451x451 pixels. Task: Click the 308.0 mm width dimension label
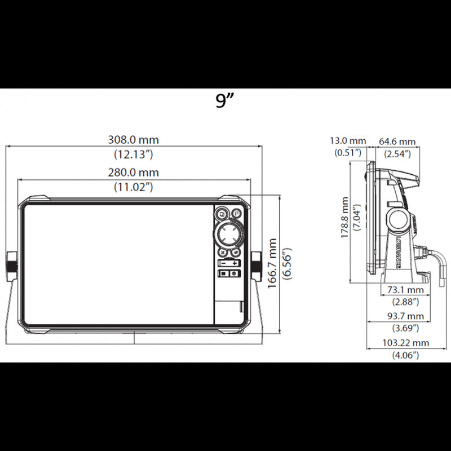pyautogui.click(x=134, y=140)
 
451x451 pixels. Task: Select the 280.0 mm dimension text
pyautogui.click(x=134, y=173)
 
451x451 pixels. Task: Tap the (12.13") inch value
pyautogui.click(x=134, y=154)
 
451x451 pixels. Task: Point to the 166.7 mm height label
pyautogui.click(x=272, y=263)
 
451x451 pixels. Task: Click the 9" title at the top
pyautogui.click(x=224, y=100)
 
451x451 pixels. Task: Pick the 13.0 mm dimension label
pyautogui.click(x=348, y=141)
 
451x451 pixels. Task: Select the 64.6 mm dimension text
pyautogui.click(x=397, y=142)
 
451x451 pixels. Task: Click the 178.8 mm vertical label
pyautogui.click(x=344, y=218)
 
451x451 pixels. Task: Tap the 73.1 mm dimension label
pyautogui.click(x=405, y=290)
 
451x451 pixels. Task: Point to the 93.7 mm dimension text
pyautogui.click(x=405, y=316)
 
